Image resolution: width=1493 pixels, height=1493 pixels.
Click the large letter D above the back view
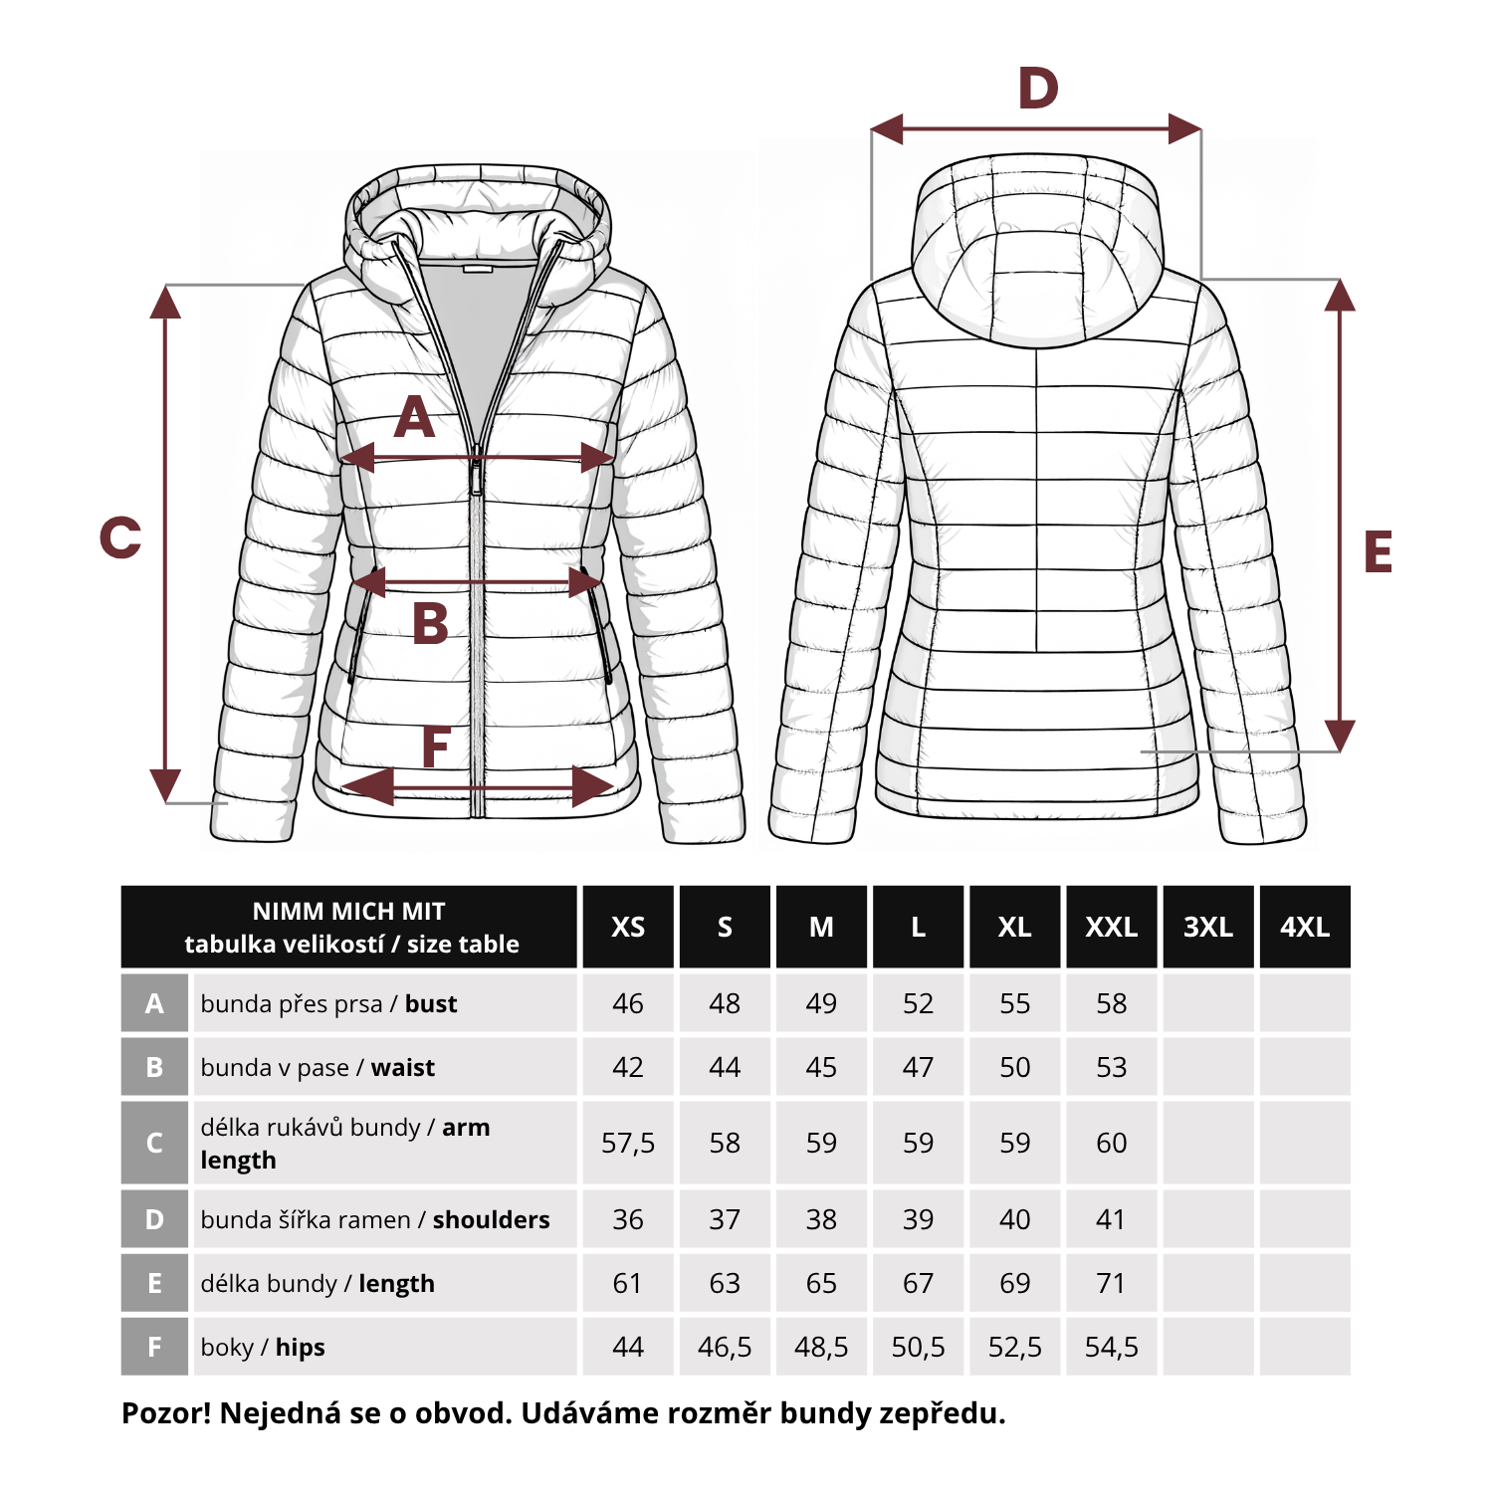tap(1038, 89)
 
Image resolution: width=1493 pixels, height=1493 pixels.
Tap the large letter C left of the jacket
tap(120, 537)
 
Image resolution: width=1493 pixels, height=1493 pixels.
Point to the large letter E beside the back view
tap(1378, 552)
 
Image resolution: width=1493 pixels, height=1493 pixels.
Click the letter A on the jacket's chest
tap(415, 417)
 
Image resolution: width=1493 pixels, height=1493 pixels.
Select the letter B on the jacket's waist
tap(430, 624)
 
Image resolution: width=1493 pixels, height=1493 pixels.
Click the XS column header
tap(628, 927)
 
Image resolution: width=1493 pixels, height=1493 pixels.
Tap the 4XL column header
tap(1305, 927)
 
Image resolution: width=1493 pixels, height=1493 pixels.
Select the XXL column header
tap(1112, 927)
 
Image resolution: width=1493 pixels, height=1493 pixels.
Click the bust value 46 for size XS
tap(628, 1003)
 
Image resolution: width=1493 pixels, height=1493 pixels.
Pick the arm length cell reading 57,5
tap(628, 1143)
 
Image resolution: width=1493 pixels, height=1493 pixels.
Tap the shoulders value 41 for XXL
tap(1111, 1219)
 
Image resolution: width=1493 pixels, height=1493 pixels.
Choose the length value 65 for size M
tap(821, 1283)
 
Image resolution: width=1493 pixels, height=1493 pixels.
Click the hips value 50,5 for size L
tap(918, 1347)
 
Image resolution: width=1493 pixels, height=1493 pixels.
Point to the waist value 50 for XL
tap(1015, 1067)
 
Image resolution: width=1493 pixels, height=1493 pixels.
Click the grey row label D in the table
tap(154, 1219)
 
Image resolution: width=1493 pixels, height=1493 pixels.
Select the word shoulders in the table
tap(492, 1219)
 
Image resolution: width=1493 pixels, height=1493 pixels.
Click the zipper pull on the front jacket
tap(477, 477)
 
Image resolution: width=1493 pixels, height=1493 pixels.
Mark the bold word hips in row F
tap(301, 1348)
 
